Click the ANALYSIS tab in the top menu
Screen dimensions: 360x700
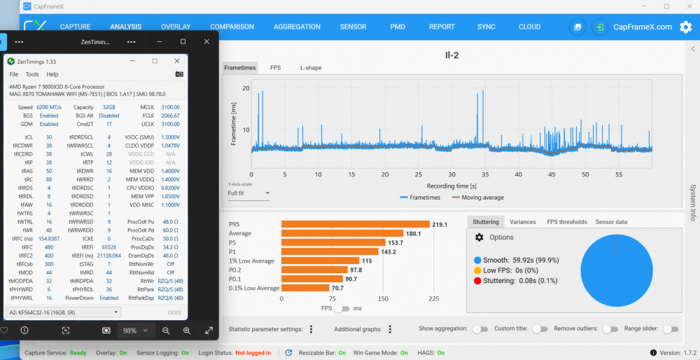(126, 27)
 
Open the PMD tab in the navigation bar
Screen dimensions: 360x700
(398, 27)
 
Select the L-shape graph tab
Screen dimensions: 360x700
(311, 68)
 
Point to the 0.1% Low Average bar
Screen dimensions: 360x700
(305, 288)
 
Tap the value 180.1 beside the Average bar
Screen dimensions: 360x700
(414, 234)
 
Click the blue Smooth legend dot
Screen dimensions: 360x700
(477, 260)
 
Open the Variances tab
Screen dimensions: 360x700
(522, 222)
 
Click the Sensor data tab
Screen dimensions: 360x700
(611, 222)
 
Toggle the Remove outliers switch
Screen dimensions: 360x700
(610, 329)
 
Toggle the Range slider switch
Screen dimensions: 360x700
(670, 329)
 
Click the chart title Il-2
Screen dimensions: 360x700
(451, 55)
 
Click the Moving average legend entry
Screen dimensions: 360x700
(482, 198)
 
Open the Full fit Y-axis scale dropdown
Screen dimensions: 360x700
(248, 193)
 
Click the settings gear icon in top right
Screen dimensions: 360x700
(685, 27)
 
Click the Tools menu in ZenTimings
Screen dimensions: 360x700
(32, 74)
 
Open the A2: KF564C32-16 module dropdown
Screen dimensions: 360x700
(63, 312)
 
